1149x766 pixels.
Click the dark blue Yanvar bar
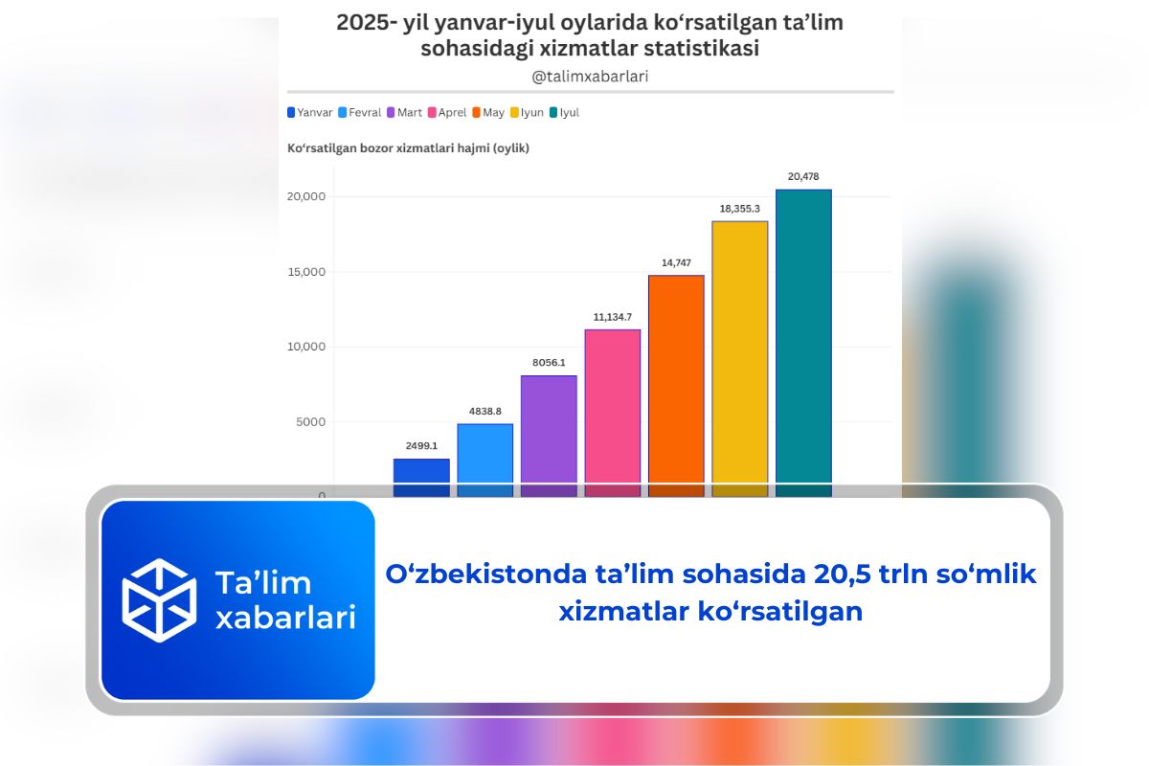click(x=421, y=471)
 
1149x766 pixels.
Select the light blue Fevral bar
click(x=484, y=454)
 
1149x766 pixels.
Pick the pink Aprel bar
click(x=612, y=406)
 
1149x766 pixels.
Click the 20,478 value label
click(x=803, y=176)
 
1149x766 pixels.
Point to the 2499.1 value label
click(x=421, y=445)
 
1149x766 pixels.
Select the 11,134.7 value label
click(x=612, y=316)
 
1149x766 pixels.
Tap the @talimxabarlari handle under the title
click(x=590, y=76)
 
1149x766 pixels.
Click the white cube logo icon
click(x=159, y=600)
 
